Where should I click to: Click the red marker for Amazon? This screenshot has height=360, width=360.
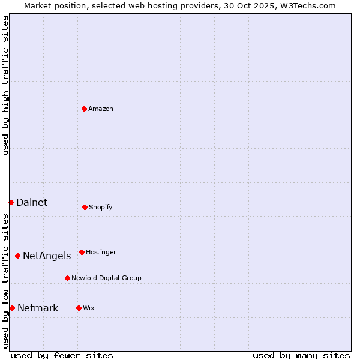[x=84, y=109]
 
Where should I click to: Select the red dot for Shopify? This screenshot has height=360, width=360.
[x=85, y=207]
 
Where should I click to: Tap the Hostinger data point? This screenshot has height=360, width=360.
[x=82, y=252]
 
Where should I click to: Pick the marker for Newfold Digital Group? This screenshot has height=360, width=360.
[x=67, y=278]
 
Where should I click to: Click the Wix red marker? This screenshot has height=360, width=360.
[x=79, y=308]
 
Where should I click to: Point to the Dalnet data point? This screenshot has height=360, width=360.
[x=11, y=202]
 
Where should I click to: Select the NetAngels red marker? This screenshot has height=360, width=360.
[x=17, y=256]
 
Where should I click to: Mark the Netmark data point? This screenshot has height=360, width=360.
[x=12, y=308]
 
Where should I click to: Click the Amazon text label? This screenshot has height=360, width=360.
[x=101, y=109]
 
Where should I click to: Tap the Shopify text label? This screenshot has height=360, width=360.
[x=101, y=207]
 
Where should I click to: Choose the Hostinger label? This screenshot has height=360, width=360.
[x=101, y=252]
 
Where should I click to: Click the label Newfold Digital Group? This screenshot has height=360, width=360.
[x=106, y=278]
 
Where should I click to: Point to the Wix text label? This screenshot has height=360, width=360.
[x=89, y=308]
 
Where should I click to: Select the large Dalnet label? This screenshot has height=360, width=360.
[x=32, y=202]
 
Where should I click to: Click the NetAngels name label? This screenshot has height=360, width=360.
[x=47, y=256]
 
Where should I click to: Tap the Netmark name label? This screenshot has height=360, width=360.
[x=38, y=308]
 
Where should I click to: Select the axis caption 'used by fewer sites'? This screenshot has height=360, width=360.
[x=62, y=355]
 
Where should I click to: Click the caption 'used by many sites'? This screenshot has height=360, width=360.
[x=301, y=355]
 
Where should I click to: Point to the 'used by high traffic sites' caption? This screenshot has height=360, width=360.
[x=5, y=85]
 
